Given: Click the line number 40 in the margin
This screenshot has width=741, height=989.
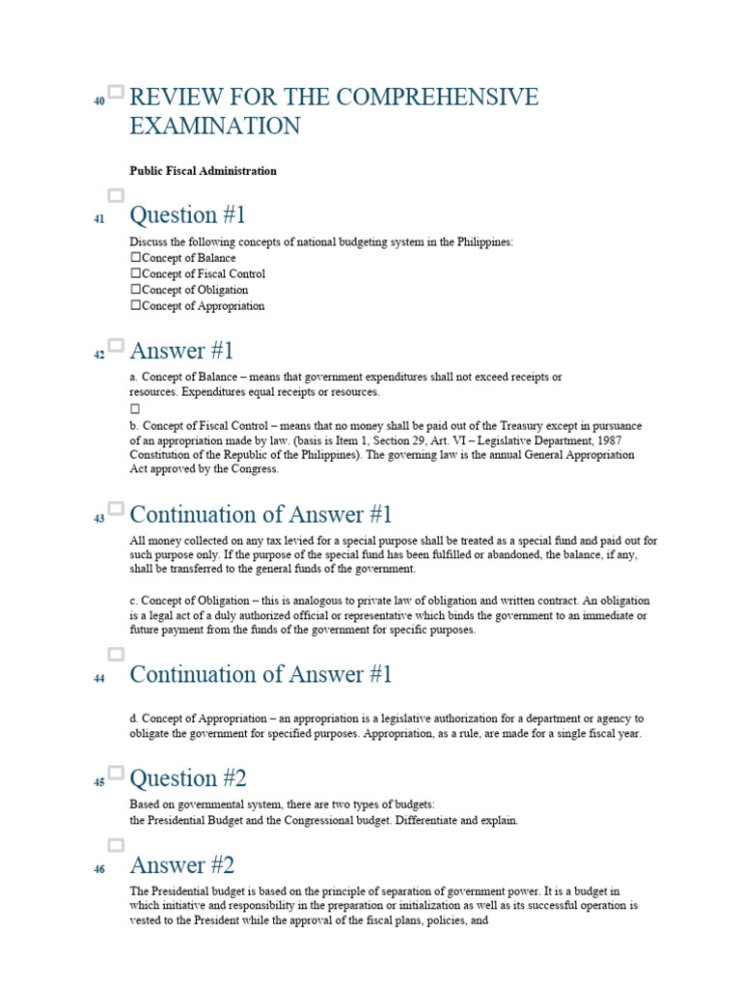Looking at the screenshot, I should click(98, 101).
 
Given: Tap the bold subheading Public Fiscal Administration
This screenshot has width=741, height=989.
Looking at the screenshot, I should click(204, 171).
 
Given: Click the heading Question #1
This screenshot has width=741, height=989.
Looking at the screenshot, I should click(187, 214).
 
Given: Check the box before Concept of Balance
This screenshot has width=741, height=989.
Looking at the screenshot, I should click(136, 259).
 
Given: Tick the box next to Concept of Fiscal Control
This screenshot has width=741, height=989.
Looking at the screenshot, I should click(136, 274).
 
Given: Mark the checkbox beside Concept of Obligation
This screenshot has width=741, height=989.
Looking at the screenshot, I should click(136, 290).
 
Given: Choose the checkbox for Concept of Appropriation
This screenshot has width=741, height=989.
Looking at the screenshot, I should click(136, 306).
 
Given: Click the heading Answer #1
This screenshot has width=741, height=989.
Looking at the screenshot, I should click(181, 351).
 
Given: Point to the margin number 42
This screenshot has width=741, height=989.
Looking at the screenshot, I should click(98, 355).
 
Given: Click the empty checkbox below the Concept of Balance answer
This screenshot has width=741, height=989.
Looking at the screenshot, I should click(136, 409).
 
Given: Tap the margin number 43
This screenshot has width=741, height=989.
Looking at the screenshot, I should click(98, 519).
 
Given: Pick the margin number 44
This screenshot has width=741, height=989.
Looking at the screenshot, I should click(98, 679).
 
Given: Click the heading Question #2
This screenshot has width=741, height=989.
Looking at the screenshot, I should click(187, 777).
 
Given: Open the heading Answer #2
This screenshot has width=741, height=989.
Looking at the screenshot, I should click(181, 864).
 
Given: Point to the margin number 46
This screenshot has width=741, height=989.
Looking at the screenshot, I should click(98, 869).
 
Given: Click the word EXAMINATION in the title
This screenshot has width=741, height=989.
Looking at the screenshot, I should click(215, 127).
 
